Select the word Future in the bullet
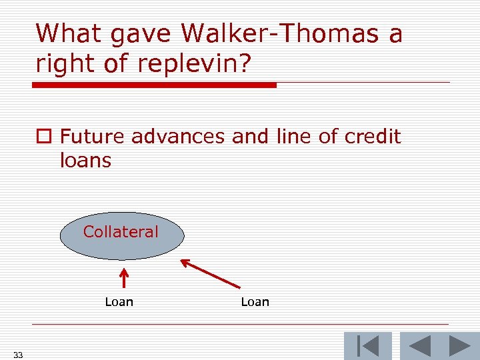[x=93, y=137]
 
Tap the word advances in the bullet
[x=179, y=137]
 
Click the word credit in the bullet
[x=373, y=137]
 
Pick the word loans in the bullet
[x=85, y=161]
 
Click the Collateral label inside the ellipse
[x=121, y=232]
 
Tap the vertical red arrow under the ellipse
[x=123, y=278]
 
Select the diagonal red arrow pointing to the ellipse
[x=210, y=273]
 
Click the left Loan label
[x=119, y=302]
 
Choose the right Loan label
[x=255, y=302]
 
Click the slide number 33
[x=18, y=355]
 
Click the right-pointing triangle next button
[x=459, y=346]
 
